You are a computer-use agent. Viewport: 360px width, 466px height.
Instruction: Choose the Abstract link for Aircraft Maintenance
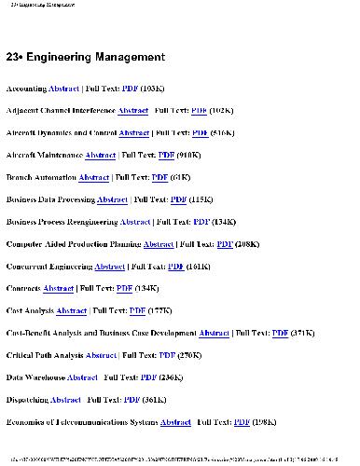click(x=101, y=155)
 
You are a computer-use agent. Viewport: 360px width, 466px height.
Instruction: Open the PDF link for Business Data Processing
click(x=179, y=199)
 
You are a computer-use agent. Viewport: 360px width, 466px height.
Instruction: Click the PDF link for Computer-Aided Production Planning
click(x=225, y=244)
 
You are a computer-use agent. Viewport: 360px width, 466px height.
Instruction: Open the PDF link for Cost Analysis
click(x=137, y=311)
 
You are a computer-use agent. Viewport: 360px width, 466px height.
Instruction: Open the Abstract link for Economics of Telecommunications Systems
click(x=176, y=422)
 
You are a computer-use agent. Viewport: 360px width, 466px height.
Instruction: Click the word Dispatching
click(x=27, y=400)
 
